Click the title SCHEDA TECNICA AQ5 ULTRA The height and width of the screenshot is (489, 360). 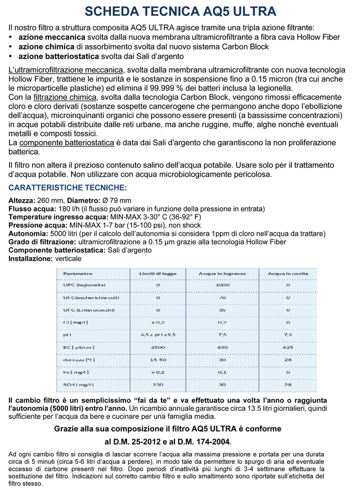click(x=180, y=12)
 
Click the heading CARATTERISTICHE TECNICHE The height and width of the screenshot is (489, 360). click(x=67, y=187)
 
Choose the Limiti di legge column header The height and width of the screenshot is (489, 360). click(x=157, y=273)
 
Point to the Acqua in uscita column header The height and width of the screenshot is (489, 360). click(x=287, y=273)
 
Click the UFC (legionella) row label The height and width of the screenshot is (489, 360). click(x=83, y=285)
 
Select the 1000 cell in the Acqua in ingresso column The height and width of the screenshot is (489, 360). click(x=223, y=285)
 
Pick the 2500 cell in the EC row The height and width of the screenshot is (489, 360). click(x=157, y=348)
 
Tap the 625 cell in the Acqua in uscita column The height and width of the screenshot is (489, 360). click(x=287, y=348)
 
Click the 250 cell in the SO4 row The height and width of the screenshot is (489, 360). click(x=157, y=385)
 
